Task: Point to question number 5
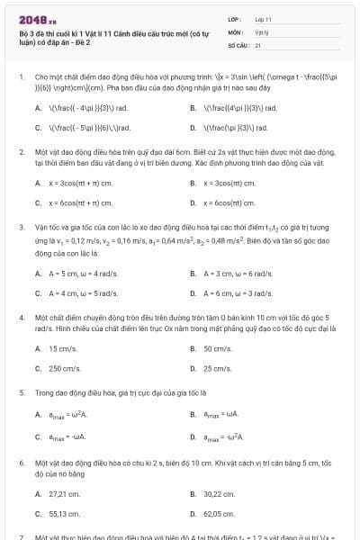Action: (x=22, y=392)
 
